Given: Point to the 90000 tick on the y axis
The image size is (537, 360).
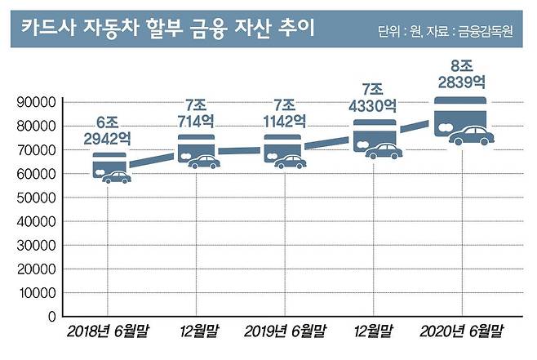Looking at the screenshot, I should (x=35, y=103).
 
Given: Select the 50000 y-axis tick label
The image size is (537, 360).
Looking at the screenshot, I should (x=35, y=198).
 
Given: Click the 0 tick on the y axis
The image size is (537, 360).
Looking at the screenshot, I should (x=51, y=316).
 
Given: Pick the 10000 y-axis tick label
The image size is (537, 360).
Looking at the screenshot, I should (x=35, y=292).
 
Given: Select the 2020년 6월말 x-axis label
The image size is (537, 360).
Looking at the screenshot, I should (x=461, y=332).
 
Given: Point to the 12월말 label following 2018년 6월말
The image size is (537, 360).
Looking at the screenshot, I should (x=197, y=332).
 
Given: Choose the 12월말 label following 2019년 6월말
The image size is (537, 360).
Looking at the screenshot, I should (x=373, y=332).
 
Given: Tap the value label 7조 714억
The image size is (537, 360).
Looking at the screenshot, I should (x=197, y=113).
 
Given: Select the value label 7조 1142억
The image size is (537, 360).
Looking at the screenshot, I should (x=285, y=113).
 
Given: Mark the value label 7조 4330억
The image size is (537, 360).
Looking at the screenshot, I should (x=374, y=97).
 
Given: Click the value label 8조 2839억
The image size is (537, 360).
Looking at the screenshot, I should (x=461, y=74).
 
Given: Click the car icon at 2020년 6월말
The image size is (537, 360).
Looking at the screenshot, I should (x=472, y=136).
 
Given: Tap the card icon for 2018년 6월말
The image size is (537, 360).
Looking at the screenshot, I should (x=109, y=165).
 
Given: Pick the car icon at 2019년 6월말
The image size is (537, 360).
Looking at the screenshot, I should (x=290, y=162).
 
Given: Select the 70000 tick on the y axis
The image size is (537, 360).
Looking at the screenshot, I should (x=35, y=150).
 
